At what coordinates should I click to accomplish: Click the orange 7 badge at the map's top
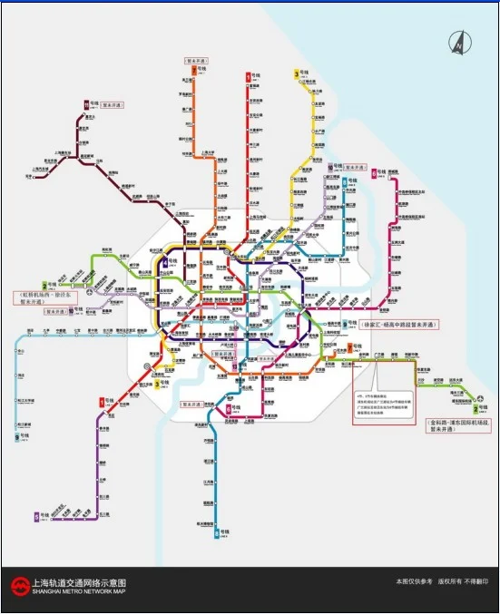tap(248, 76)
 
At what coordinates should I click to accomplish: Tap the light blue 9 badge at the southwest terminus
tap(16, 435)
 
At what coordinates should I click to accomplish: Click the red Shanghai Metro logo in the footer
tap(18, 586)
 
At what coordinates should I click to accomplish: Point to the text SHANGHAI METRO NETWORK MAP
tap(78, 591)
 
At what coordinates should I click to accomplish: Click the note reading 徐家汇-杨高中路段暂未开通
tap(397, 325)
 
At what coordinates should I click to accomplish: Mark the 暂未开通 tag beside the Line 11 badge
tap(112, 105)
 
